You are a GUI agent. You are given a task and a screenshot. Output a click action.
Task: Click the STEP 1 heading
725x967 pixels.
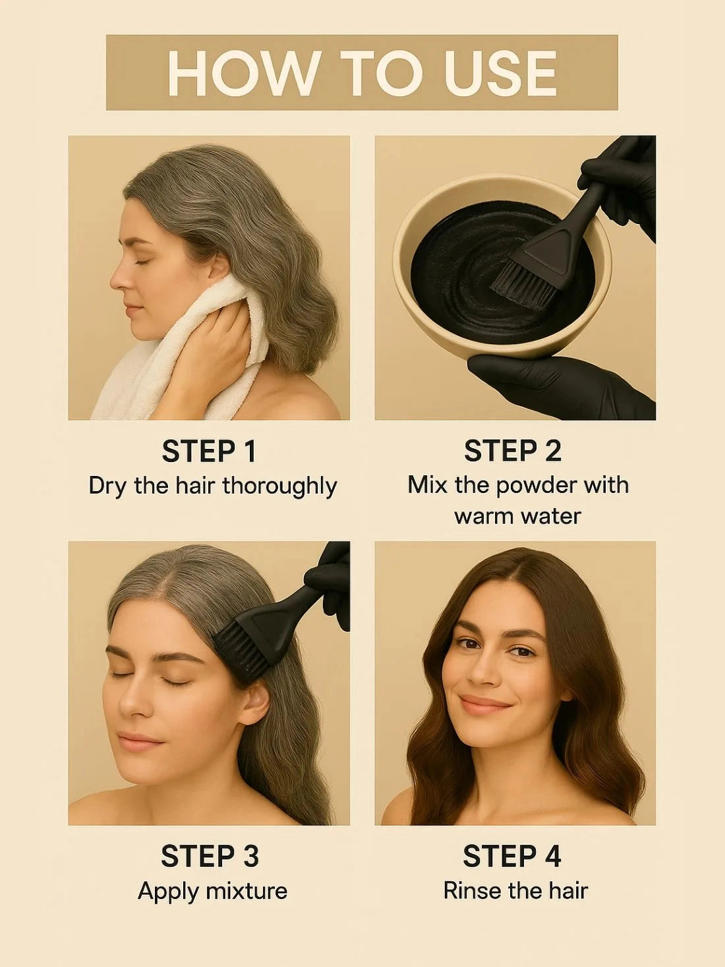[x=209, y=451]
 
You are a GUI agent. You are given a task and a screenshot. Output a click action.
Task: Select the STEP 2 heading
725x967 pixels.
[x=513, y=451]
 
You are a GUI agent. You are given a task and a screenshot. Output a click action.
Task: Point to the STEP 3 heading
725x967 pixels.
[x=210, y=856]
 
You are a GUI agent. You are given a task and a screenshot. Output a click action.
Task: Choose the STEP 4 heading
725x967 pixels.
[x=512, y=856]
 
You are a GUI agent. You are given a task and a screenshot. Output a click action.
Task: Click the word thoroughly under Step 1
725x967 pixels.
[x=279, y=487]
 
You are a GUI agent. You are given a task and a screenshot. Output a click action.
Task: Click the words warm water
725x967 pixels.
[x=517, y=516]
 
